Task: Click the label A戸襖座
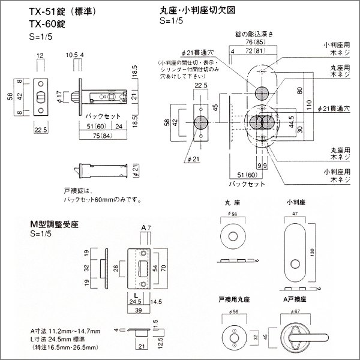pos(298,298)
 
